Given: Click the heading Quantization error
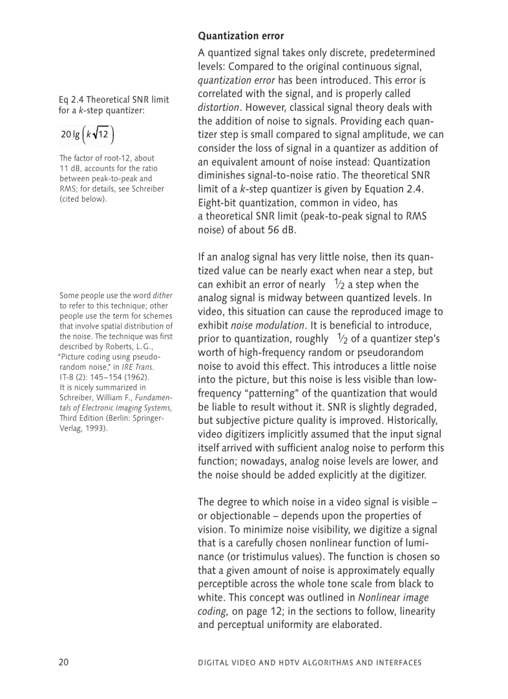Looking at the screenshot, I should [240, 36].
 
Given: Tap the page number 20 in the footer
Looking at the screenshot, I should [64, 662].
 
